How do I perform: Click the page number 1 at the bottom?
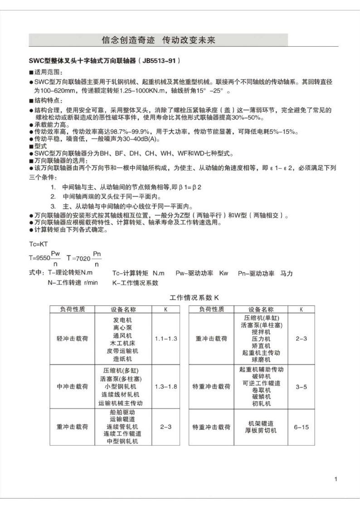336,479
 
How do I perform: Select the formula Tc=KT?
39,243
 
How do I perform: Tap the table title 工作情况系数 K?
194,298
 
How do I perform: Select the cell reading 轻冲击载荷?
72,339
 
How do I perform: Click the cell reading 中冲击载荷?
72,387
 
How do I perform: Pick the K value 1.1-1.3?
165,339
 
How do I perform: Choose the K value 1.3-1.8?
165,387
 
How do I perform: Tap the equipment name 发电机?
122,319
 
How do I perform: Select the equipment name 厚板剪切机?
261,431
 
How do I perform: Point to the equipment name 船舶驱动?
122,412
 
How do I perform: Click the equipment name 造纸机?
122,359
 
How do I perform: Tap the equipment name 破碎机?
261,376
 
